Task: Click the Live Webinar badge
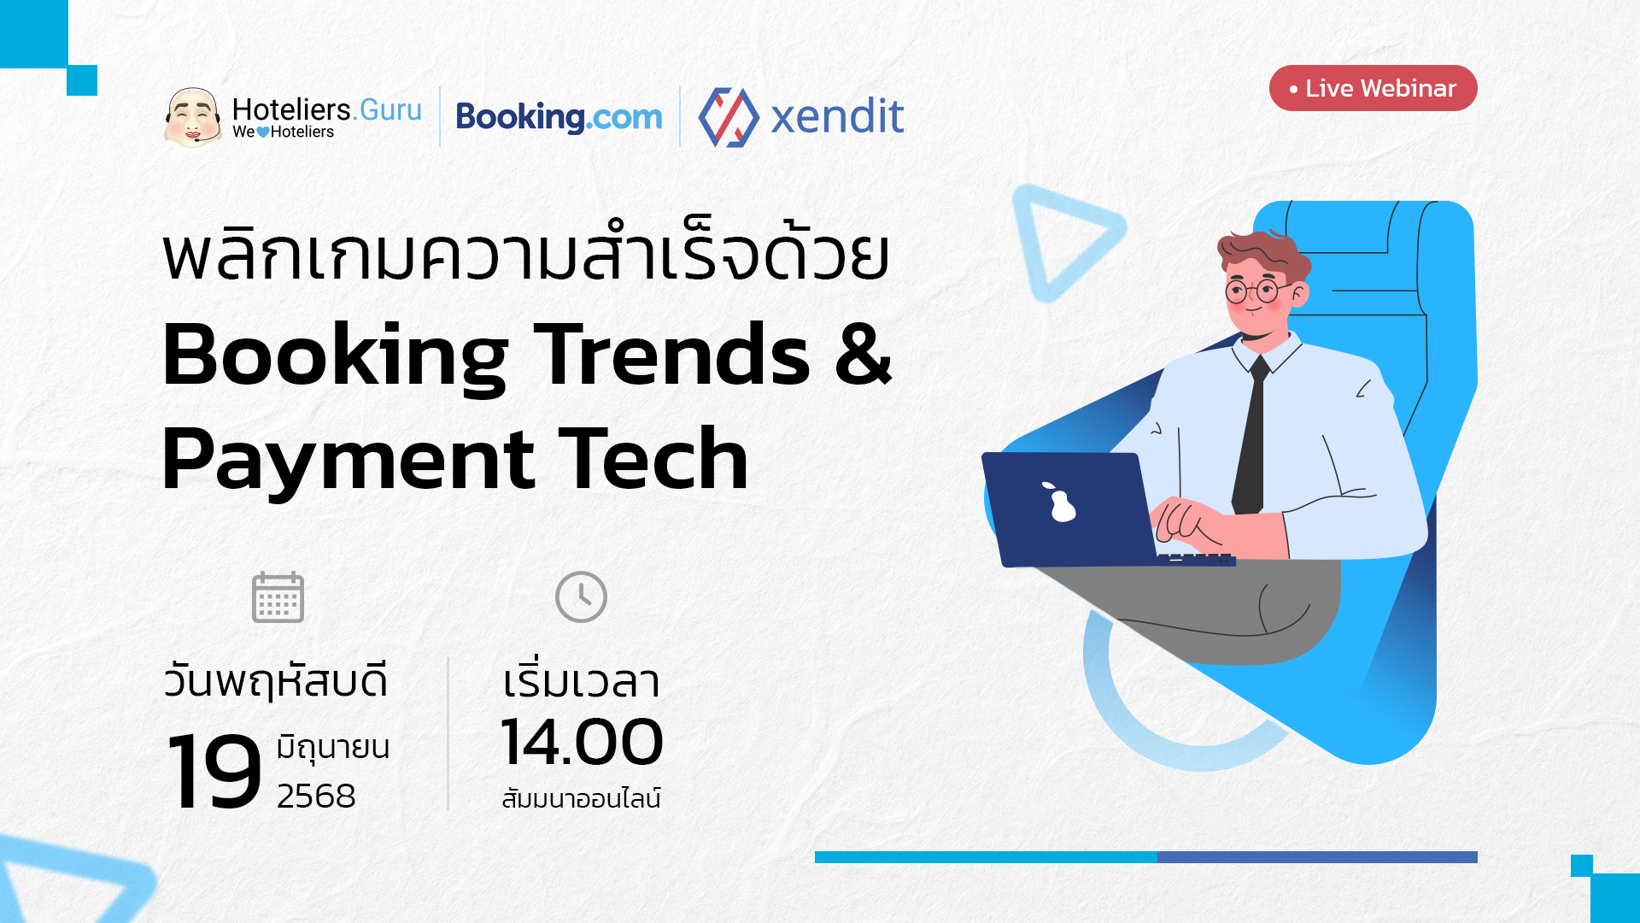click(x=1373, y=88)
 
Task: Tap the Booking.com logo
click(x=559, y=117)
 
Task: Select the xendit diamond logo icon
click(x=729, y=117)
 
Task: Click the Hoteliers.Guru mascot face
click(x=193, y=117)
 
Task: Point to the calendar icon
click(x=278, y=597)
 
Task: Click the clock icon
click(x=581, y=597)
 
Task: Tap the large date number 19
click(x=214, y=772)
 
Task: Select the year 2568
click(x=316, y=796)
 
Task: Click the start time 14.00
click(x=582, y=742)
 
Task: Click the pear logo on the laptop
click(x=1060, y=502)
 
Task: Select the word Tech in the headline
click(x=653, y=459)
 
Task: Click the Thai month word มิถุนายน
click(x=332, y=747)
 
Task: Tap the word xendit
click(x=837, y=116)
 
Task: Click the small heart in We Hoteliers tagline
click(x=263, y=132)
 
